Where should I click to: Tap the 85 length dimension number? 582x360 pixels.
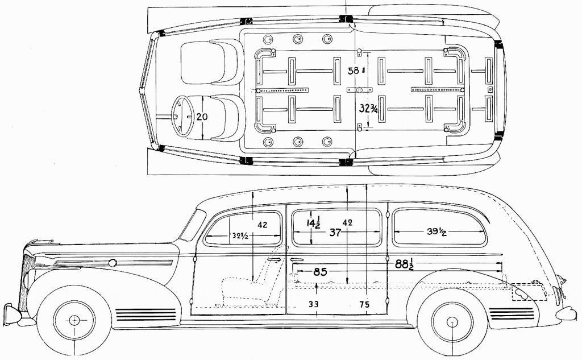[x=320, y=272]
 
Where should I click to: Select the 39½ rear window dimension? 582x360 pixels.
[x=436, y=232]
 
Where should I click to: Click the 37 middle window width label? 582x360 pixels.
[x=335, y=233]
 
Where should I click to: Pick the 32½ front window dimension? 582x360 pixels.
[x=240, y=235]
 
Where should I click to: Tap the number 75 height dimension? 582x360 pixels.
[x=364, y=304]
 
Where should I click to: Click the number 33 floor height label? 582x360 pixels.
[x=314, y=304]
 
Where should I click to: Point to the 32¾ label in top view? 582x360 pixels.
[x=368, y=108]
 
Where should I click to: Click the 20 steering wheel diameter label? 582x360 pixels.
[x=202, y=117]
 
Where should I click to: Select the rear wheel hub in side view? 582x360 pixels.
[x=452, y=322]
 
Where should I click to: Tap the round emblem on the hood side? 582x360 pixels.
[x=113, y=263]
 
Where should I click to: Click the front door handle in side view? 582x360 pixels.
[x=274, y=259]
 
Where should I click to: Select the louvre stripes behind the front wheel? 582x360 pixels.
[x=145, y=315]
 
